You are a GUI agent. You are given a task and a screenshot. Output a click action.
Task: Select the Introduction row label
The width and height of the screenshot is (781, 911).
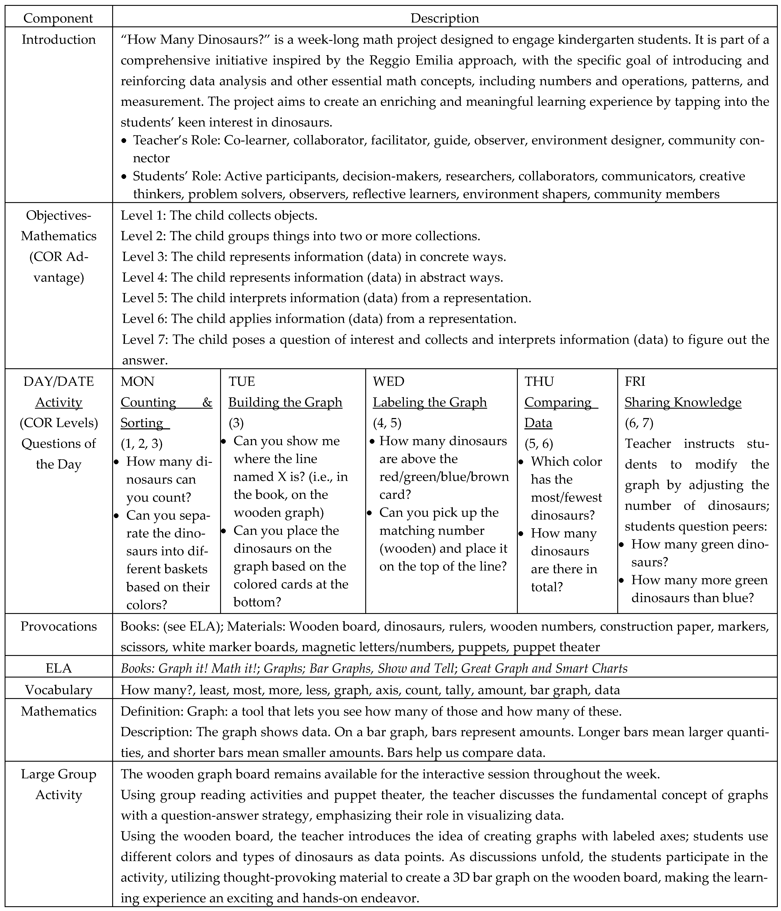pyautogui.click(x=58, y=40)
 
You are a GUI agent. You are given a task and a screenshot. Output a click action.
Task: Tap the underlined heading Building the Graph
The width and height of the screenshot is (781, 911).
pyautogui.click(x=285, y=402)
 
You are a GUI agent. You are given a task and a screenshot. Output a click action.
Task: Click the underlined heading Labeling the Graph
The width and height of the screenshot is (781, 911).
pyautogui.click(x=430, y=402)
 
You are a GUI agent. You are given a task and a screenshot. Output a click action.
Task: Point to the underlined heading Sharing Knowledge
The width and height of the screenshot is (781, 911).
pyautogui.click(x=683, y=402)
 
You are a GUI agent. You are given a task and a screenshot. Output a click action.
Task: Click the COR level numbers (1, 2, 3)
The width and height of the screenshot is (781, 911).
pyautogui.click(x=142, y=444)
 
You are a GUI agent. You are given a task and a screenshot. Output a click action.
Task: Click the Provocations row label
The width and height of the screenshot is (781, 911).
pyautogui.click(x=58, y=626)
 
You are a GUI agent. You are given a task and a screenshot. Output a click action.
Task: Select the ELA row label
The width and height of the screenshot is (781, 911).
pyautogui.click(x=58, y=668)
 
